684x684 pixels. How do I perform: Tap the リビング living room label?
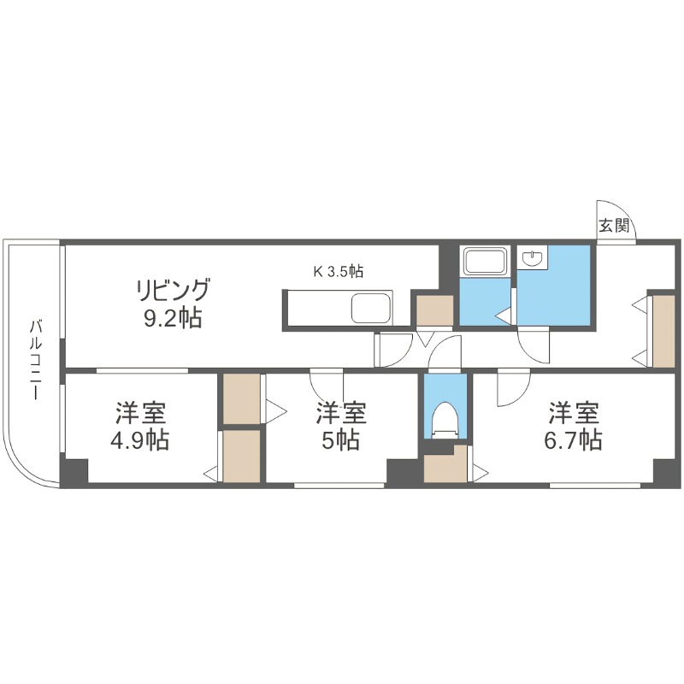(x=172, y=289)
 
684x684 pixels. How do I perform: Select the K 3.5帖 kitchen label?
(x=338, y=272)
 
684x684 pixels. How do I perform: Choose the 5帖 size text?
(x=341, y=440)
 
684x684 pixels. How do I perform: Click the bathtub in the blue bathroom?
(x=484, y=262)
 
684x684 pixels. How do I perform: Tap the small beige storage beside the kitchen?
(x=434, y=310)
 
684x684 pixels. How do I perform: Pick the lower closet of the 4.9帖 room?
(x=241, y=456)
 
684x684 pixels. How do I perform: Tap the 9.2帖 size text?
(x=172, y=319)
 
